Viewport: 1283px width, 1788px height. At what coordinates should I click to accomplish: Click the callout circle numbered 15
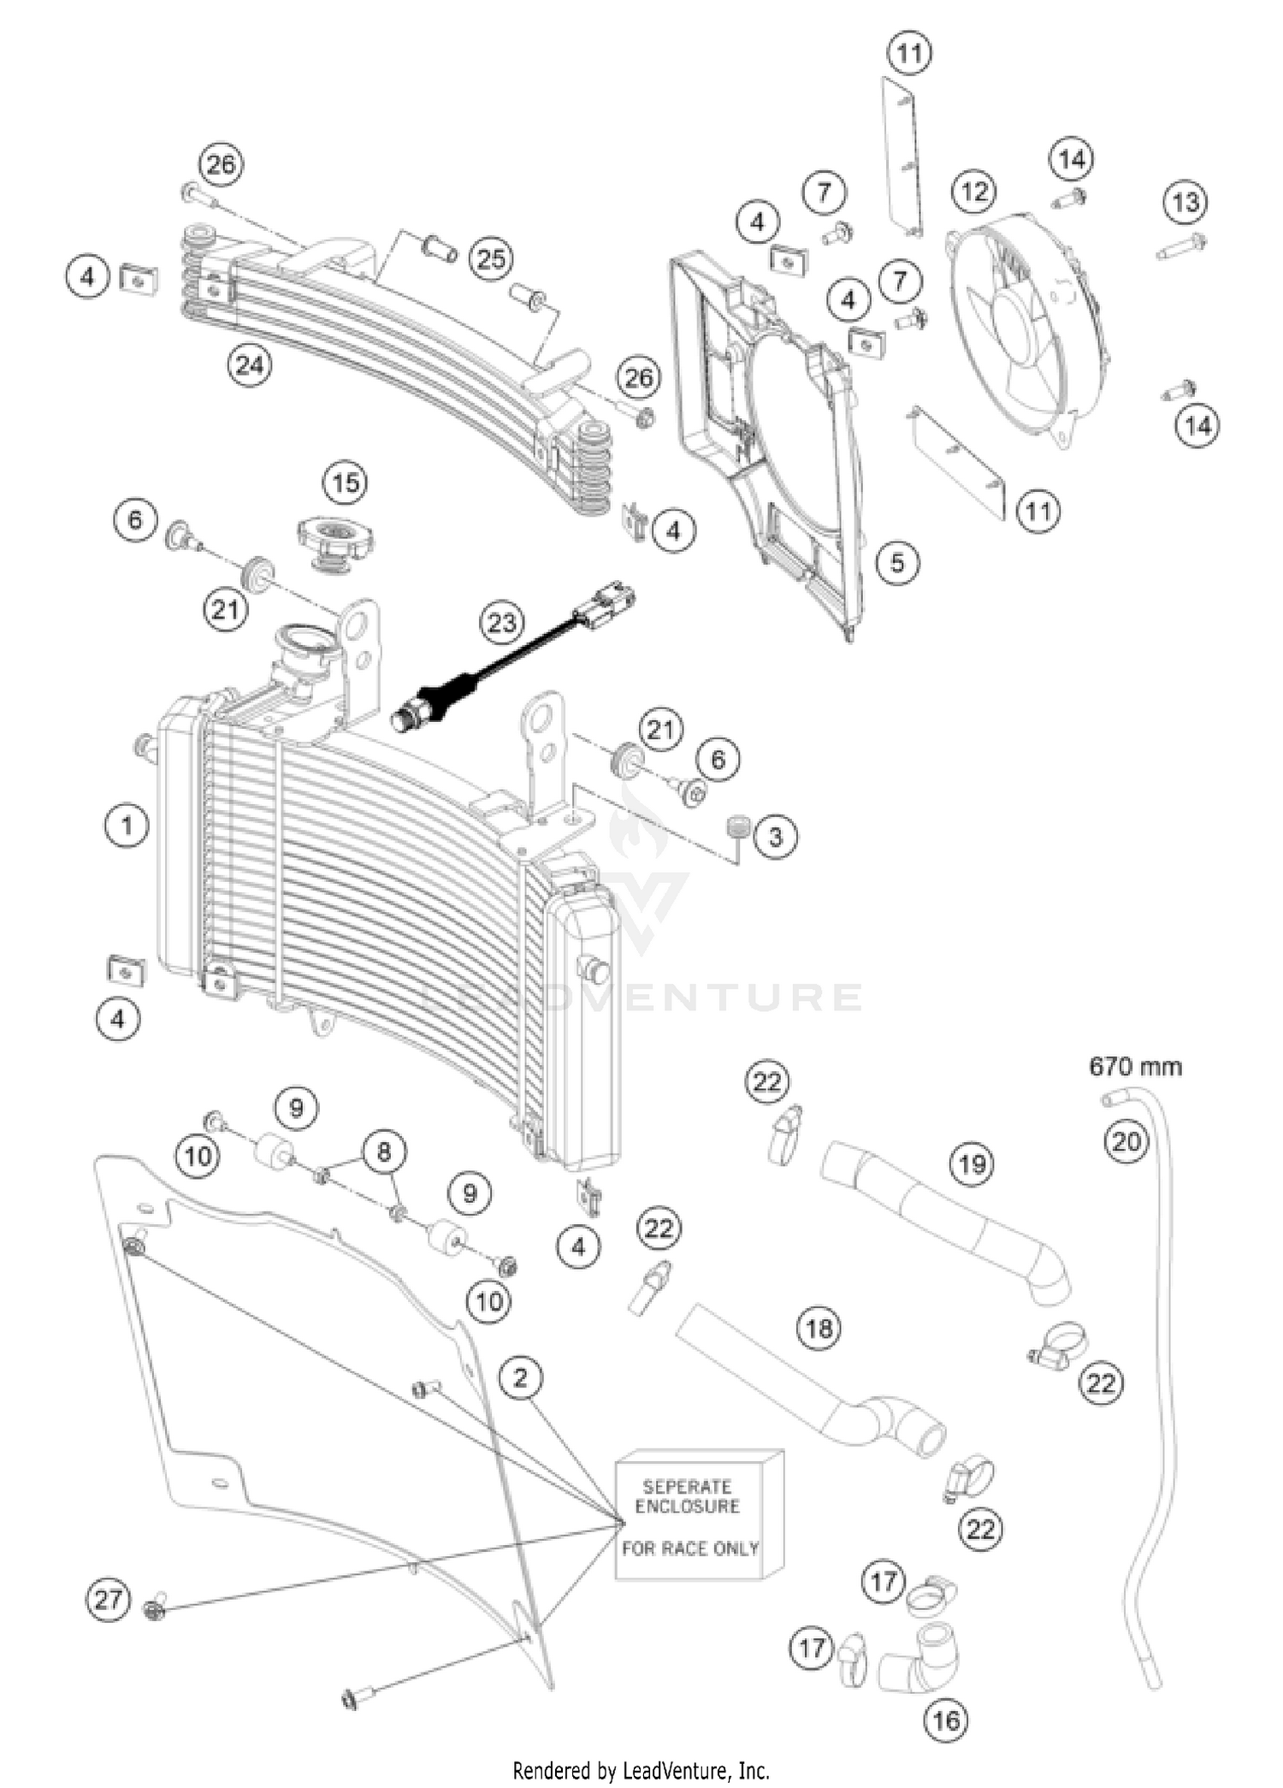345,483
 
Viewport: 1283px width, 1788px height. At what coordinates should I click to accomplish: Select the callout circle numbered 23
502,622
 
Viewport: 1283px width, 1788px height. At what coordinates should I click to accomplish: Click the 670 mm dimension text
1135,1067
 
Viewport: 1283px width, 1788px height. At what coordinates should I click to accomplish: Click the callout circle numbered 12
974,192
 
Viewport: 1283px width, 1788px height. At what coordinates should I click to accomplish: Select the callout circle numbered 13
1185,203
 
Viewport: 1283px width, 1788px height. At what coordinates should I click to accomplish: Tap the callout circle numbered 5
897,563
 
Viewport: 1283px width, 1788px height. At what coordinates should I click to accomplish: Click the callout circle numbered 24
249,366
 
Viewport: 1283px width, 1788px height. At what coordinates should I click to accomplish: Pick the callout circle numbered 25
491,259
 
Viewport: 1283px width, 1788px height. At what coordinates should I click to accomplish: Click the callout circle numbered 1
127,826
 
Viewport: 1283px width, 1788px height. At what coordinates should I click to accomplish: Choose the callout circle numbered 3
775,837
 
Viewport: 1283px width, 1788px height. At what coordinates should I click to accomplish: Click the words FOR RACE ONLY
689,1548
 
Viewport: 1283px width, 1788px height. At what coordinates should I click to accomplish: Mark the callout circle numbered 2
521,1378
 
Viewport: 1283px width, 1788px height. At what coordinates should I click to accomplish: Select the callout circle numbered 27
109,1600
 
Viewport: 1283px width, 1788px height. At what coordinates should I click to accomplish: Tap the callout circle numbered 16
946,1720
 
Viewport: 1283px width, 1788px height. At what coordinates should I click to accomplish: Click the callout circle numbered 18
819,1329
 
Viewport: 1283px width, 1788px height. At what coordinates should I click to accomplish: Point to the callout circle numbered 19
973,1164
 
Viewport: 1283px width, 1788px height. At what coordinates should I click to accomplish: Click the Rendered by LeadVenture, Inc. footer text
641,1770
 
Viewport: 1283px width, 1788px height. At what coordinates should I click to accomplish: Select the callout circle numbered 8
383,1152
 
